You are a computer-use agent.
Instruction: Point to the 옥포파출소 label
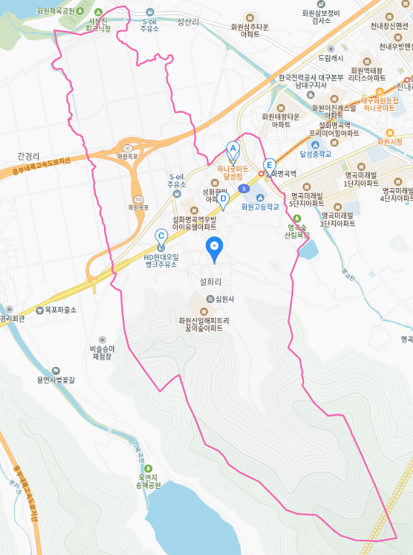56,310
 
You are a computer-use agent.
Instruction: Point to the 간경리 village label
29,155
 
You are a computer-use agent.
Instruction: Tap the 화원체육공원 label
48,11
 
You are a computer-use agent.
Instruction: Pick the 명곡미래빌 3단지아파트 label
338,219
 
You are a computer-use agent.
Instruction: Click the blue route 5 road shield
245,189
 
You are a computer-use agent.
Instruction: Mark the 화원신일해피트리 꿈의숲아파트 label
204,324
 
